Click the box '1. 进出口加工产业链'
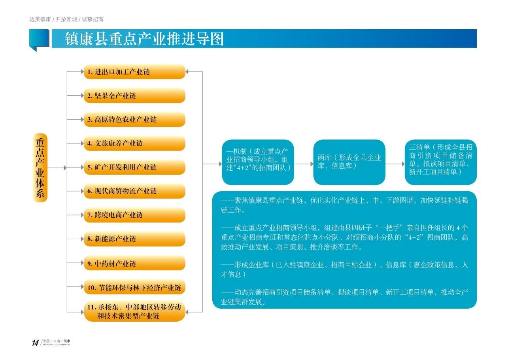135,72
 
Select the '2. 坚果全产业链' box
135,96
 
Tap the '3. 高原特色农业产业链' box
135,119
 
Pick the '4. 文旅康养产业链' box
135,143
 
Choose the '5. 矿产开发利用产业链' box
135,167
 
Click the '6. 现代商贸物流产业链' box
135,191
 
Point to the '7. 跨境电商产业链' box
135,215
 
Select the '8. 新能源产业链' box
135,239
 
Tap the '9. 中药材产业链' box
135,263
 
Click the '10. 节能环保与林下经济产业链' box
135,287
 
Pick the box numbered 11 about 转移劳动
135,311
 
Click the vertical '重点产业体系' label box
40,168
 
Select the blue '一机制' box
258,162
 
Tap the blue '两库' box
349,162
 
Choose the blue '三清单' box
441,162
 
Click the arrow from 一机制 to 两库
304,164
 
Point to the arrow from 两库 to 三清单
395,164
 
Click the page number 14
35,343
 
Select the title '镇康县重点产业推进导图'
145,39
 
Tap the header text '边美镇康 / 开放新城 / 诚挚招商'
66,19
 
